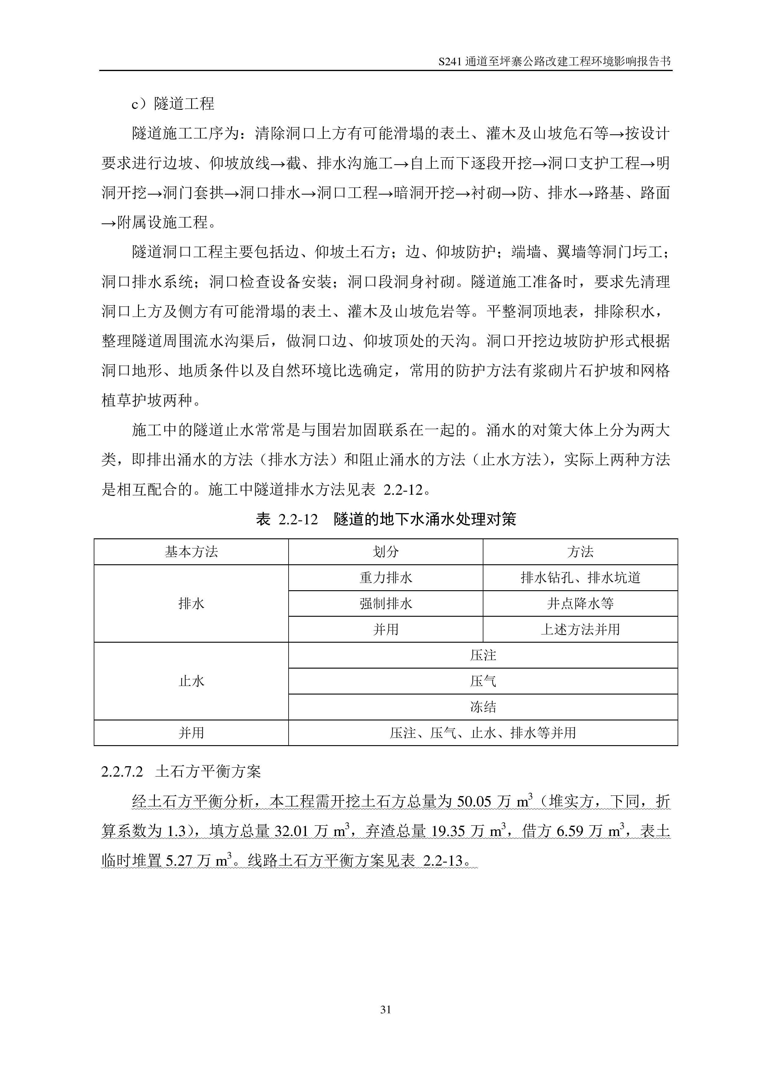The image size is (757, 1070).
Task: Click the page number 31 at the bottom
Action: pos(385,1009)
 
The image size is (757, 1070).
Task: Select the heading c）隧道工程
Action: pos(173,103)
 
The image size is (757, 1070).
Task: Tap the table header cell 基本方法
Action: pos(191,552)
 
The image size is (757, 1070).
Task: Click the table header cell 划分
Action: pos(385,552)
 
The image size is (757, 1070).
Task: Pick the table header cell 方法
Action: pos(580,552)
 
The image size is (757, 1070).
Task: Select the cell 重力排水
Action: pos(385,578)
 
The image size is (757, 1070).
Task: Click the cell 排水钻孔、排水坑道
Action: pos(580,578)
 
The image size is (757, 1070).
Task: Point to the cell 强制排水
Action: pos(385,604)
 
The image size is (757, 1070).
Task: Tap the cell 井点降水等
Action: pos(580,604)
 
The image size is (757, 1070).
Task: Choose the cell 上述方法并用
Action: pos(580,630)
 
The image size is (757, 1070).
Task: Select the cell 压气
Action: pos(483,681)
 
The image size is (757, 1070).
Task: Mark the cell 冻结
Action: pos(483,707)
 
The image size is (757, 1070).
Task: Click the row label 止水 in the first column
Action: pos(191,681)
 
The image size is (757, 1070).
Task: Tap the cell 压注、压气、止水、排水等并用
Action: pos(483,733)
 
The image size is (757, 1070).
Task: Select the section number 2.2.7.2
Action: pos(122,772)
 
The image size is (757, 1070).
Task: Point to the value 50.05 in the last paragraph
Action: pos(474,802)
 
